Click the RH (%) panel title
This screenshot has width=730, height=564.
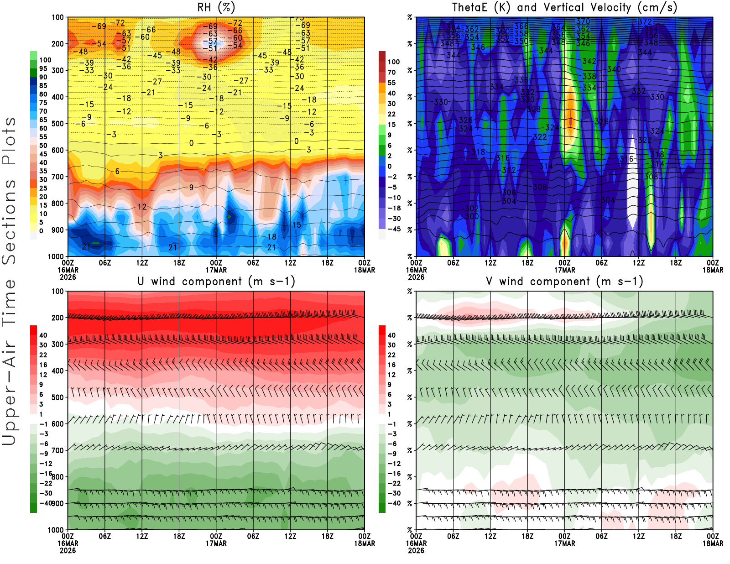coord(216,7)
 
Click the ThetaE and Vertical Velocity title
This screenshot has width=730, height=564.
coord(564,7)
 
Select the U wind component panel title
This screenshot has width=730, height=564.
coord(216,281)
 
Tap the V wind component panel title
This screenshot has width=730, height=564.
coord(564,281)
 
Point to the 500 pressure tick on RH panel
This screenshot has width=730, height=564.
coord(57,124)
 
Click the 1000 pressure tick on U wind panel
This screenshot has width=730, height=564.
coord(56,530)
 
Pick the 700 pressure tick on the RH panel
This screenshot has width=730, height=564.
coord(57,177)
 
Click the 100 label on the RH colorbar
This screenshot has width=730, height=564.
coord(45,60)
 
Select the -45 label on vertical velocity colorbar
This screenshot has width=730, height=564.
coord(394,229)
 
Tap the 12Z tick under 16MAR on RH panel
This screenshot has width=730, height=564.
coord(142,263)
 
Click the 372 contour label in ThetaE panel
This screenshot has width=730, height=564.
coord(645,22)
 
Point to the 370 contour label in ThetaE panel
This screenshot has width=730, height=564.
coord(583,21)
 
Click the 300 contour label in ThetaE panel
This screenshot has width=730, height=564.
coord(472,216)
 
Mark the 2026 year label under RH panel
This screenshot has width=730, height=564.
coord(68,277)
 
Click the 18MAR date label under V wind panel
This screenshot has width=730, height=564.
coord(713,543)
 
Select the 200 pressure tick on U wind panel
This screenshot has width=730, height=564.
coord(57,318)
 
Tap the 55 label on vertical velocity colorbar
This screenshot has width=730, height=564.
coord(391,83)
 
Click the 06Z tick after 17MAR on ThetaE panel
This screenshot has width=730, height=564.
coord(601,263)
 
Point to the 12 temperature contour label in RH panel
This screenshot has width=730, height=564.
coord(142,207)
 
